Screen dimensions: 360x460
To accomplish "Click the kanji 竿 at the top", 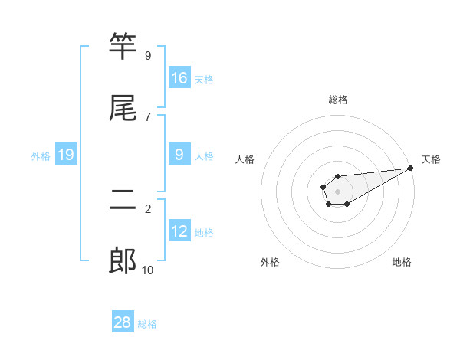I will point(123,47).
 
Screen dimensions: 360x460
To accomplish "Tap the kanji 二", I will point(123,201).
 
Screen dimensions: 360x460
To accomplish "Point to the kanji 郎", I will point(123,260).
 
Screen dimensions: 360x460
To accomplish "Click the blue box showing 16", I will point(179,77).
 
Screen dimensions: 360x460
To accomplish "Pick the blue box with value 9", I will point(179,155).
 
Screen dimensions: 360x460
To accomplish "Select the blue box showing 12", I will point(179,231).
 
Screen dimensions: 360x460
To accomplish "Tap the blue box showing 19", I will point(66,155).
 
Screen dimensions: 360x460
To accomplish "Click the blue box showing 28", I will point(123,322).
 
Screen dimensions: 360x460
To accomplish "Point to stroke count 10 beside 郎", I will point(147,270).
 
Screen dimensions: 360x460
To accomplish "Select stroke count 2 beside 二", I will point(147,209).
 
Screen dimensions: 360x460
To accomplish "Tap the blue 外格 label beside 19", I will point(41,155).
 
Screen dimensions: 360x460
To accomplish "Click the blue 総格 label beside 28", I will point(147,323).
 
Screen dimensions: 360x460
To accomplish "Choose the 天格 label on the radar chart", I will point(431,159).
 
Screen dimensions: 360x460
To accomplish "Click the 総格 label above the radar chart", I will point(337,100).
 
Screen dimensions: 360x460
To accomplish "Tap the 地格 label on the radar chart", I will point(402,262).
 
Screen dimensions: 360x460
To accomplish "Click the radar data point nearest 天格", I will point(410,169).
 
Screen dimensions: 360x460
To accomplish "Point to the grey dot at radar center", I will point(337,191).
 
